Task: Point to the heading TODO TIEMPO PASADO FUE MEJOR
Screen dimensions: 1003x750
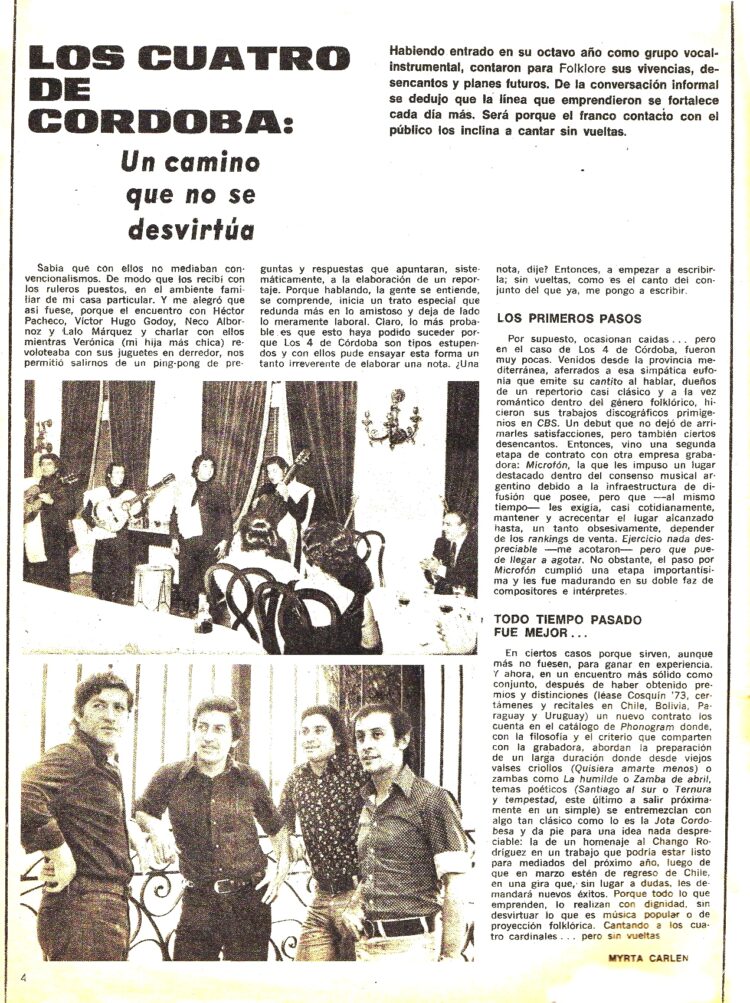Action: click(552, 626)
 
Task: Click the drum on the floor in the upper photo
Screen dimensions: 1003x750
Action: click(153, 586)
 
